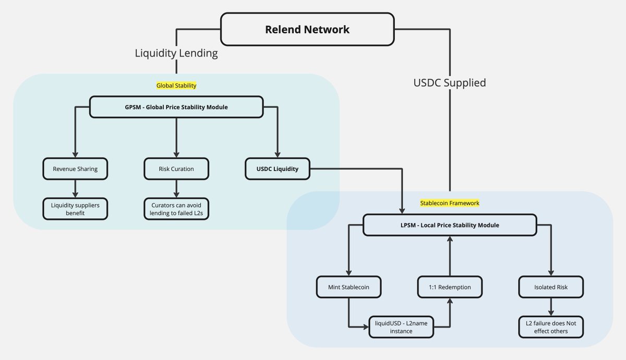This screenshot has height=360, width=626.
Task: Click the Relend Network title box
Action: [307, 29]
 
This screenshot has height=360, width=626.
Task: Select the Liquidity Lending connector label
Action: [176, 53]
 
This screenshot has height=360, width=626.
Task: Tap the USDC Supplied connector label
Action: [449, 82]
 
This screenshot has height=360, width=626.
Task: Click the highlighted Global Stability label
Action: [176, 85]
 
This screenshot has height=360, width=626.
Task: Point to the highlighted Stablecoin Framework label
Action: [449, 202]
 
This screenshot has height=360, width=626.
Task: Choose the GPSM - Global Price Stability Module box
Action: [176, 107]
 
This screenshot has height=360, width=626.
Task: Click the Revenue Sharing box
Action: [75, 169]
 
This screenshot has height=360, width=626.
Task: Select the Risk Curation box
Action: [176, 169]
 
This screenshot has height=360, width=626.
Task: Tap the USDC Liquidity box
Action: [278, 169]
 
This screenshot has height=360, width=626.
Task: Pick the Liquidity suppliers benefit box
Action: [75, 209]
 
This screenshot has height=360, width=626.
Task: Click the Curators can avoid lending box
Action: [176, 209]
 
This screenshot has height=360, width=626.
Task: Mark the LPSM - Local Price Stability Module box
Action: [449, 225]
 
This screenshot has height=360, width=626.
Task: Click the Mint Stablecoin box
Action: [349, 287]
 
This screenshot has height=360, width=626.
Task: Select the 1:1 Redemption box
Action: [450, 287]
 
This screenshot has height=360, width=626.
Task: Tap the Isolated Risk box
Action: [550, 287]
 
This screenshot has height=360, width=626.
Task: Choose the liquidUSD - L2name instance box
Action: [401, 327]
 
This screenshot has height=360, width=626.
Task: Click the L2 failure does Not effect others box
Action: [550, 327]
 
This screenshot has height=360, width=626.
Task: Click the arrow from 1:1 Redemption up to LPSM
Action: [450, 256]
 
